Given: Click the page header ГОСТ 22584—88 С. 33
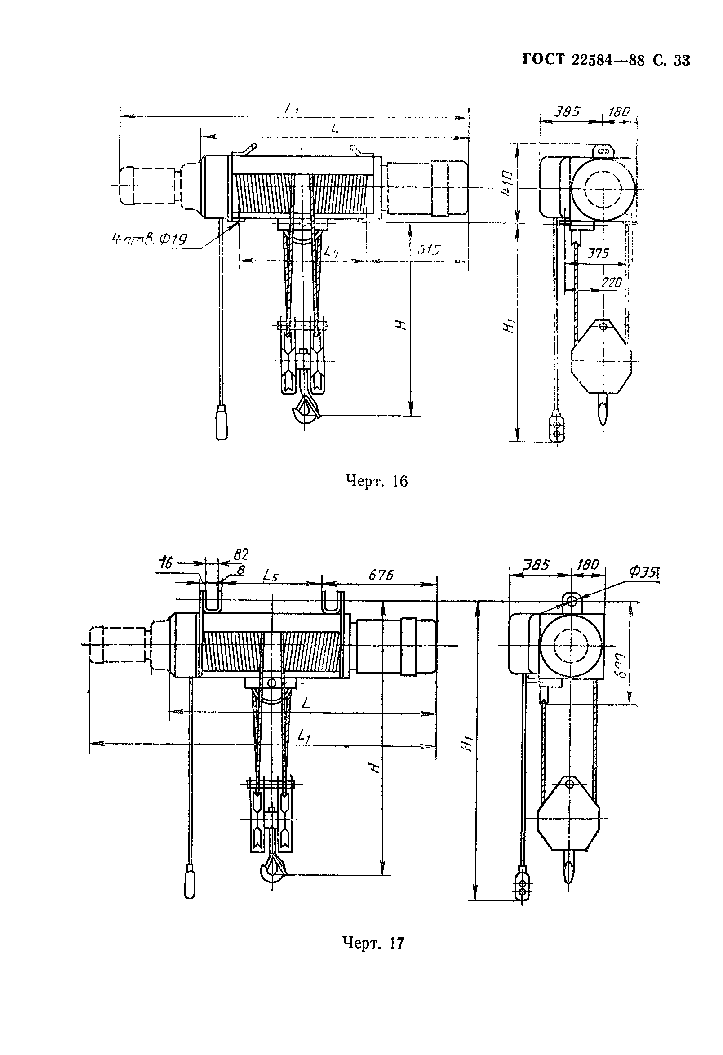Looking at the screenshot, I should (x=606, y=60).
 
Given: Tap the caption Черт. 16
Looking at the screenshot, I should (x=376, y=481).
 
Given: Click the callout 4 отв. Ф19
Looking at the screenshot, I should (x=149, y=238).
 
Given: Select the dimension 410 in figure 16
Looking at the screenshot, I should (x=507, y=183).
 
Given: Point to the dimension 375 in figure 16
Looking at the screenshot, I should (x=598, y=253).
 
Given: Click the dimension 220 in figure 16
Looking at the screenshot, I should (x=611, y=282).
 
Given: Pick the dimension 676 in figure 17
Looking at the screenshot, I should (x=380, y=575).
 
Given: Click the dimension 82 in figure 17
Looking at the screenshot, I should (x=241, y=554).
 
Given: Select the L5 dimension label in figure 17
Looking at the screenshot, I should (x=271, y=577).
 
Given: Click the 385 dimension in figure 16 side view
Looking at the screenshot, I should (x=568, y=111).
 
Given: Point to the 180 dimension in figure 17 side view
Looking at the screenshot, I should (x=589, y=565).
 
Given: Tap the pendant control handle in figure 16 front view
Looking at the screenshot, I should (x=221, y=421).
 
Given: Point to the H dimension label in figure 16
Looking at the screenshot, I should (x=399, y=325).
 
